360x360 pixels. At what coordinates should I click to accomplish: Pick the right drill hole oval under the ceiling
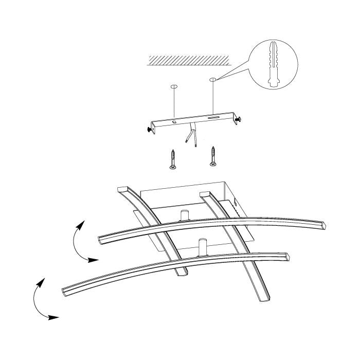coord(212,80)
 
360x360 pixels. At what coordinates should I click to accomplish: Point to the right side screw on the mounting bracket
coord(238,119)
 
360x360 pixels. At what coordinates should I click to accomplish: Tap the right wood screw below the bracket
coord(212,156)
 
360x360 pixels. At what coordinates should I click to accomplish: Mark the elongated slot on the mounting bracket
coord(212,118)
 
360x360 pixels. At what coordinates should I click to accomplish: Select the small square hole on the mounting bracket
coord(174,122)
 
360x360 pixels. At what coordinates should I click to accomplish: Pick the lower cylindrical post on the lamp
coord(202,246)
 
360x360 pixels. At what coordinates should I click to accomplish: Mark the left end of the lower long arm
coord(66,291)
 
